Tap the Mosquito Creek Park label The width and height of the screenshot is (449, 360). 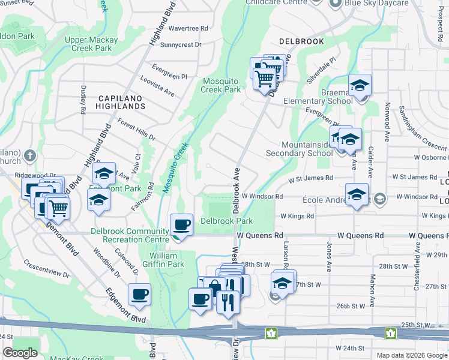pyautogui.click(x=221, y=85)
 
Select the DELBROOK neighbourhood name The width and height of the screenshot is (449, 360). pyautogui.click(x=301, y=42)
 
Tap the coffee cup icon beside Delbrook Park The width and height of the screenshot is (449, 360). pyautogui.click(x=182, y=226)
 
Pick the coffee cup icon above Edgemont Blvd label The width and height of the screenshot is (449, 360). pyautogui.click(x=139, y=295)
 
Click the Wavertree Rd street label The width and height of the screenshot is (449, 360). pyautogui.click(x=188, y=28)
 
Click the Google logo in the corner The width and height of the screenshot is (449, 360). pyautogui.click(x=20, y=353)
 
